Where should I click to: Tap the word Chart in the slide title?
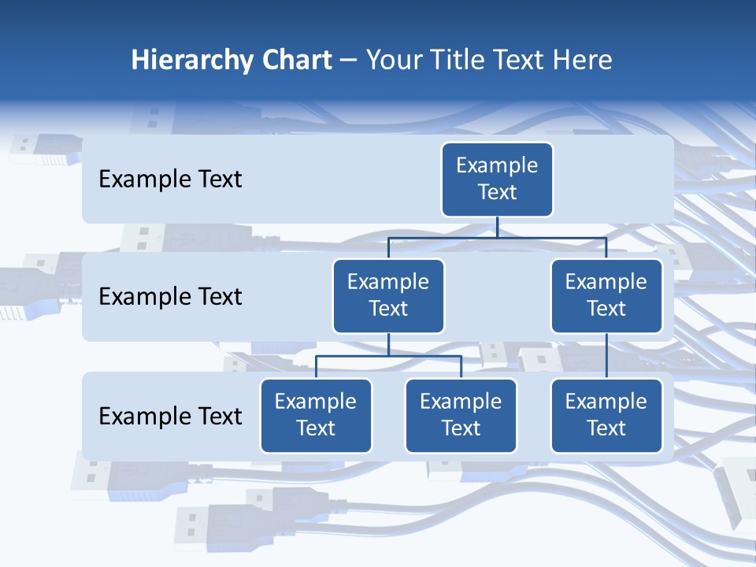click(292, 61)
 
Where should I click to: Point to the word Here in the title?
click(584, 61)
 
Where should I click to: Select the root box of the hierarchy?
click(497, 180)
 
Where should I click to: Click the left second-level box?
click(388, 295)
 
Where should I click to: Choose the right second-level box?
click(606, 295)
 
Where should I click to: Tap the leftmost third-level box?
click(316, 415)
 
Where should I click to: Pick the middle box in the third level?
click(461, 415)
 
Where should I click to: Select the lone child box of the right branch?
click(606, 415)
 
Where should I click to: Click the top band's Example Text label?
click(170, 180)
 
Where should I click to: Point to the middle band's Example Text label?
click(170, 297)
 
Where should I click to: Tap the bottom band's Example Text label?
click(170, 416)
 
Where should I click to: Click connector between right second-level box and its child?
click(606, 355)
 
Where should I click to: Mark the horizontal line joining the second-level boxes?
click(497, 237)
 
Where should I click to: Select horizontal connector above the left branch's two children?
click(388, 356)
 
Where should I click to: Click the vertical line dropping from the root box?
click(497, 227)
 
